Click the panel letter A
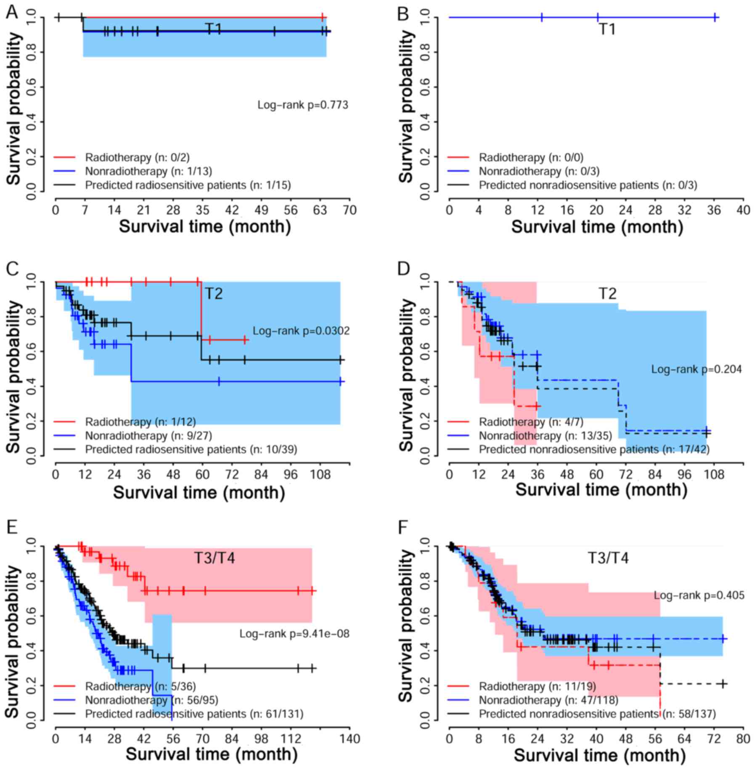pos(12,13)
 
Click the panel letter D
pos(403,268)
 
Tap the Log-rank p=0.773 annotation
pos(303,105)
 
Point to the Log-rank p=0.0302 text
pos(301,331)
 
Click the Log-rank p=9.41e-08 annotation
pos(294,633)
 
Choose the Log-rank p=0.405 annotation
pos(699,595)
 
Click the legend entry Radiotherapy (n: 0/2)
pos(137,157)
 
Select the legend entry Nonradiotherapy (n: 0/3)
pos(539,171)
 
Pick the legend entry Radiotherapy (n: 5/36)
pos(140,686)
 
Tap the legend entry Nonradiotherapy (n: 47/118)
pos(548,700)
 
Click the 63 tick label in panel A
pos(321,210)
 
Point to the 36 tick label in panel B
pos(714,210)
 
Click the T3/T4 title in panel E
pos(214,558)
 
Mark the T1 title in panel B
pos(607,29)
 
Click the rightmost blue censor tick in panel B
pos(715,17)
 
